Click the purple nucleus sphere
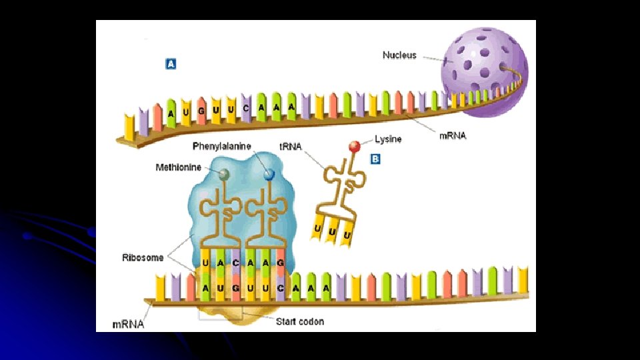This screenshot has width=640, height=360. click(x=484, y=67)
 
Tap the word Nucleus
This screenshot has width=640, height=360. click(x=399, y=55)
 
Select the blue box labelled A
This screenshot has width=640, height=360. click(x=171, y=64)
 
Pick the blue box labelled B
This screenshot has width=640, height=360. click(x=375, y=159)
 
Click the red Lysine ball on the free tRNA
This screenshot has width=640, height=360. click(x=355, y=145)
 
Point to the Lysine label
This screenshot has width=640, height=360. click(x=388, y=139)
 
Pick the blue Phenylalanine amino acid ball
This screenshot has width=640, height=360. click(x=269, y=175)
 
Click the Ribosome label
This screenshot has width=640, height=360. click(x=143, y=257)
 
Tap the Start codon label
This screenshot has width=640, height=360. click(x=300, y=321)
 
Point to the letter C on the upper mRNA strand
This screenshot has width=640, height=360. click(x=246, y=107)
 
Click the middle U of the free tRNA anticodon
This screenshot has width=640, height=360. click(x=331, y=235)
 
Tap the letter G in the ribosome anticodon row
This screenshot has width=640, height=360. click(x=280, y=263)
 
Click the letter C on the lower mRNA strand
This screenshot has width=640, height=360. click(x=281, y=288)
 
